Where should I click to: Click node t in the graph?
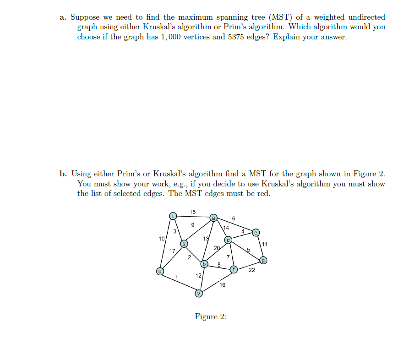173,215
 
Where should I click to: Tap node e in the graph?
256,232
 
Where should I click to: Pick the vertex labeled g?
263,261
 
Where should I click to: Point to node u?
160,271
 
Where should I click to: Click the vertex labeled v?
199,293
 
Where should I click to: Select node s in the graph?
184,244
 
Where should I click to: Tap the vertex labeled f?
234,269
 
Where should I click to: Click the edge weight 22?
252,270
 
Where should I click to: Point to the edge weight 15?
193,212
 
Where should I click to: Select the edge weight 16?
222,285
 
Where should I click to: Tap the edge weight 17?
172,251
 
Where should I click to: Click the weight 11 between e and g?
265,244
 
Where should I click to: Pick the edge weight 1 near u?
176,277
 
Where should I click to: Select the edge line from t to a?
193,216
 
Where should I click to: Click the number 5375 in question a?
236,37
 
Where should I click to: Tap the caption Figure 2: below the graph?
211,317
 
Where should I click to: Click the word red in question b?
264,193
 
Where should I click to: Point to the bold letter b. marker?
63,174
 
